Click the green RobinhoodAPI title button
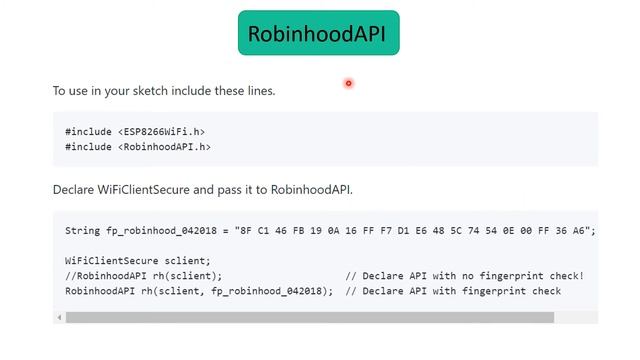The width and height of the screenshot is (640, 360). click(318, 33)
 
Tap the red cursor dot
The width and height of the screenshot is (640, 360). click(348, 83)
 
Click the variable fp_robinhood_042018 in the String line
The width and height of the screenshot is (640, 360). click(161, 230)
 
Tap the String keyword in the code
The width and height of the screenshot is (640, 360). click(83, 230)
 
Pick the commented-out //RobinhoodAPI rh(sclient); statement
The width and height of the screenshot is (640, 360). click(144, 275)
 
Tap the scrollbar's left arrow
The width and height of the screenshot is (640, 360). click(59, 317)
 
